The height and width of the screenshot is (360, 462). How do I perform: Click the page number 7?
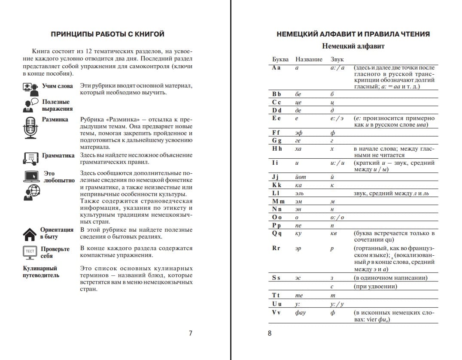[x=191, y=333]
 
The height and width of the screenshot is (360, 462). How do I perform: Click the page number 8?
[x=270, y=333]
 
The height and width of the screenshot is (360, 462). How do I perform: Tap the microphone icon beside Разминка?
[x=30, y=127]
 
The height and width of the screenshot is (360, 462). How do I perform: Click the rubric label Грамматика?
[x=58, y=155]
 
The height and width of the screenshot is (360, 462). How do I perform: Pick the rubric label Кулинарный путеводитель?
[x=41, y=272]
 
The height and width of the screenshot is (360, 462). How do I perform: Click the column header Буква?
[x=280, y=59]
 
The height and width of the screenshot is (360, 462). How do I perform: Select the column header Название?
[x=309, y=59]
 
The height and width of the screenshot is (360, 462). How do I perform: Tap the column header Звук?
[x=337, y=59]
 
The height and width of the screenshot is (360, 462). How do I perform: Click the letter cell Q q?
[x=277, y=233]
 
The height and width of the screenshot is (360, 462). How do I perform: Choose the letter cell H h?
[x=277, y=148]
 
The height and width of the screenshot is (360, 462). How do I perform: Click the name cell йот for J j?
[x=301, y=177]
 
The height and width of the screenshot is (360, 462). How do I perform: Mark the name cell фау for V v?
[x=301, y=312]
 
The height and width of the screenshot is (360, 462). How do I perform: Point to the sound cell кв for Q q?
[x=333, y=233]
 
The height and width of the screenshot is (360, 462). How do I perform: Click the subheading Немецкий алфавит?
[x=353, y=46]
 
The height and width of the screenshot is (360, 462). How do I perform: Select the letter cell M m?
[x=278, y=201]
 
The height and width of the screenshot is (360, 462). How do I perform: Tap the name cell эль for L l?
[x=299, y=194]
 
